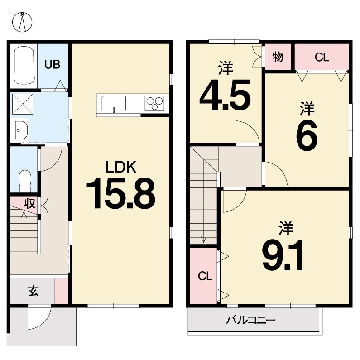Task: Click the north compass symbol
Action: (x=22, y=22)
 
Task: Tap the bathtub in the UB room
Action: (x=24, y=65)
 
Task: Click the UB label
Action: (x=53, y=65)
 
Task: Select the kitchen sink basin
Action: (x=114, y=103)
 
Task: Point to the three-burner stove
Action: (x=154, y=103)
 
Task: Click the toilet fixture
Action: (x=25, y=181)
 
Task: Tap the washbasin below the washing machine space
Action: (x=21, y=130)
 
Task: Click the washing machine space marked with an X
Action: (x=22, y=104)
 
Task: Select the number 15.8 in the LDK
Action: (x=121, y=193)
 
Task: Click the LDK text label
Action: (x=121, y=167)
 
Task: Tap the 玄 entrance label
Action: (x=34, y=291)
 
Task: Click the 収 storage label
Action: (x=30, y=203)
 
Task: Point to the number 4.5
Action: (x=225, y=95)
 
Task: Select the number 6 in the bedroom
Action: (x=307, y=135)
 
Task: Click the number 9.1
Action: (x=283, y=255)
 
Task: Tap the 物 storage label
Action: (x=278, y=57)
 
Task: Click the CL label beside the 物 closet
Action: (x=322, y=57)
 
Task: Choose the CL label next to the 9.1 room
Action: (x=205, y=276)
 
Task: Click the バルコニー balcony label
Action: (x=250, y=320)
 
